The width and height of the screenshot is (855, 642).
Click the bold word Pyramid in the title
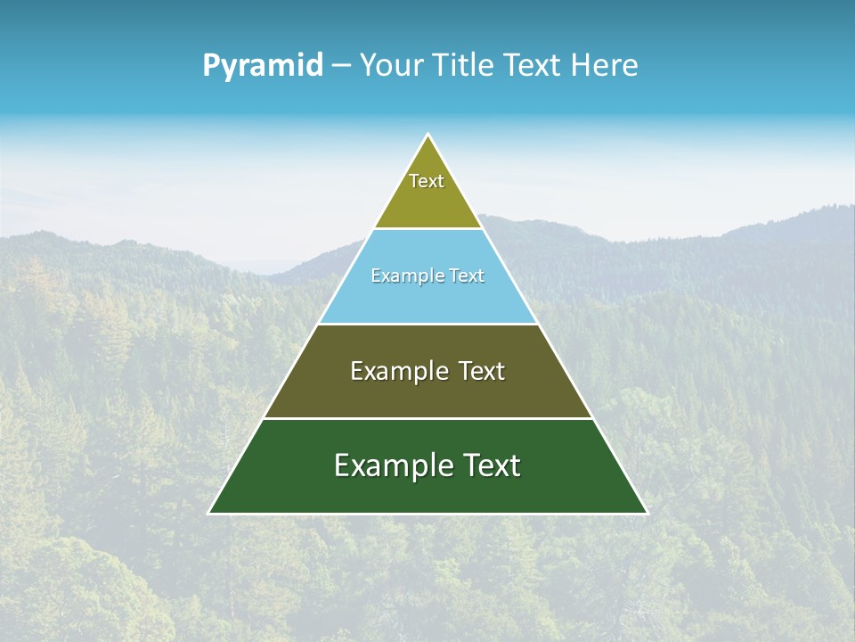pos(263,65)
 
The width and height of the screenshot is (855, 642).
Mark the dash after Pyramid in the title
pos(340,66)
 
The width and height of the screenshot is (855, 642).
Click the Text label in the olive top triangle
pos(427,181)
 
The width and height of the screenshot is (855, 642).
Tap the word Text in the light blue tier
pos(466,276)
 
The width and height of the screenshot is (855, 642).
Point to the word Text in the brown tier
pos(482,371)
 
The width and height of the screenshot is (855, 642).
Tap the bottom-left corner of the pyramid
pos(209,513)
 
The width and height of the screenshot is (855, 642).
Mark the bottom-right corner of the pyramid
pos(647,513)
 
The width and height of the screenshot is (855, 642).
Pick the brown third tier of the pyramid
pos(427,397)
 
